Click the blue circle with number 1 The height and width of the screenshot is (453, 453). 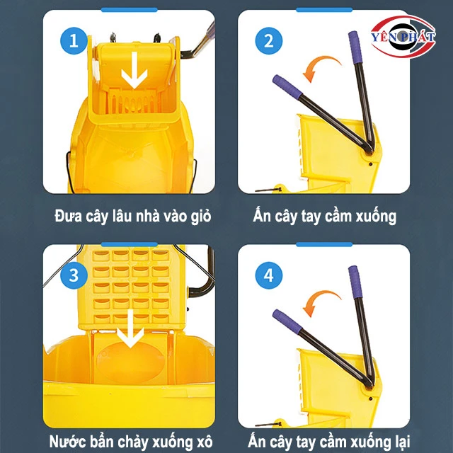pyautogui.click(x=74, y=41)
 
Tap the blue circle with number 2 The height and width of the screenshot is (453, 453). pyautogui.click(x=268, y=41)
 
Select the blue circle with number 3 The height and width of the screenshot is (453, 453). pyautogui.click(x=74, y=275)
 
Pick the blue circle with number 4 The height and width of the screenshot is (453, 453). pyautogui.click(x=268, y=275)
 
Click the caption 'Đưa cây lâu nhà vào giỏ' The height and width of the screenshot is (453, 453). pyautogui.click(x=132, y=215)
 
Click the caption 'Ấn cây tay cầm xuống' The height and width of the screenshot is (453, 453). pyautogui.click(x=324, y=215)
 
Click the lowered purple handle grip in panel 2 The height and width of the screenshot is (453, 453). pyautogui.click(x=286, y=84)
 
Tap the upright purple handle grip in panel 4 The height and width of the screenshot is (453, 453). pyautogui.click(x=353, y=279)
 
